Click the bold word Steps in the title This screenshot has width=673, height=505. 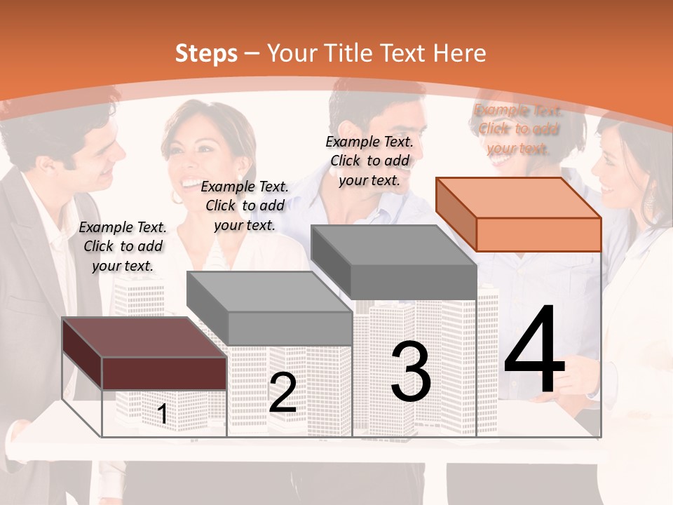206,53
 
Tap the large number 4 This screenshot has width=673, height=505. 534,351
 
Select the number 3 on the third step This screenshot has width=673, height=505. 410,372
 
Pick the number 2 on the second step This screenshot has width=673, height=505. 283,393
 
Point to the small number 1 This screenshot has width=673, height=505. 163,415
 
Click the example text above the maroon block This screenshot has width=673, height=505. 123,246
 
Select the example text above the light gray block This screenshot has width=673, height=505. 245,206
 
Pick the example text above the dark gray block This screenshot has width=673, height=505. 369,161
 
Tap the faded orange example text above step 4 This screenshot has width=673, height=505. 518,129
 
